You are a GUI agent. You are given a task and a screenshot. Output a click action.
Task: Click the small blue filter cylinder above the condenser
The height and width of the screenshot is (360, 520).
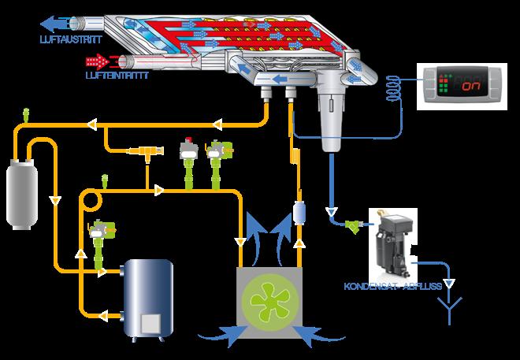299,212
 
